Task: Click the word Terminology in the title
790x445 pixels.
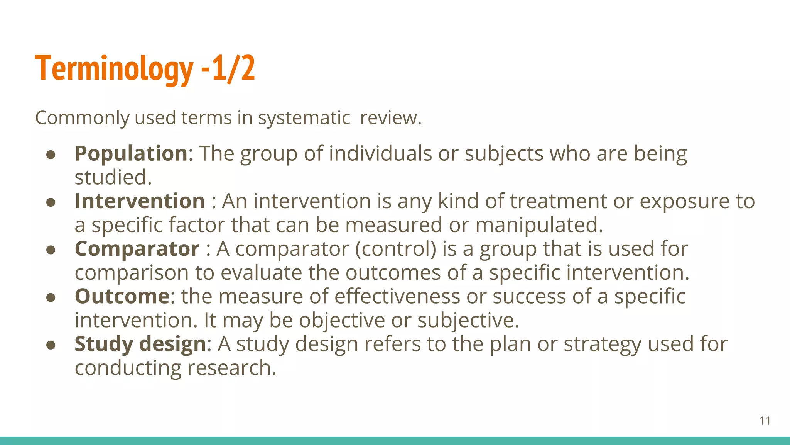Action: (x=114, y=69)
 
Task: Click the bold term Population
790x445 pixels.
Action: (x=131, y=153)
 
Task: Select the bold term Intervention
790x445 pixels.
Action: (x=140, y=201)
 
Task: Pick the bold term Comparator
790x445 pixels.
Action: (x=137, y=249)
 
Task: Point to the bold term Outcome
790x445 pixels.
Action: (x=122, y=296)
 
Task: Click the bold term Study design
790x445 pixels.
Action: (x=140, y=344)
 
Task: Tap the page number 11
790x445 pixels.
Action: (x=765, y=421)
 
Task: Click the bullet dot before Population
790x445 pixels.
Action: (x=51, y=155)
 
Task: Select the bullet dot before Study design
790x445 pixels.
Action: (x=51, y=345)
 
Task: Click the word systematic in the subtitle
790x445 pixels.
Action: (x=304, y=118)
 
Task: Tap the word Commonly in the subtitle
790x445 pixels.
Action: (x=82, y=118)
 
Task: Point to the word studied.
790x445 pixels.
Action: (x=113, y=177)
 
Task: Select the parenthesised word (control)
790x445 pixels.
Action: (x=395, y=249)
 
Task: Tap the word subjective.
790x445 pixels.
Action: (x=468, y=320)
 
